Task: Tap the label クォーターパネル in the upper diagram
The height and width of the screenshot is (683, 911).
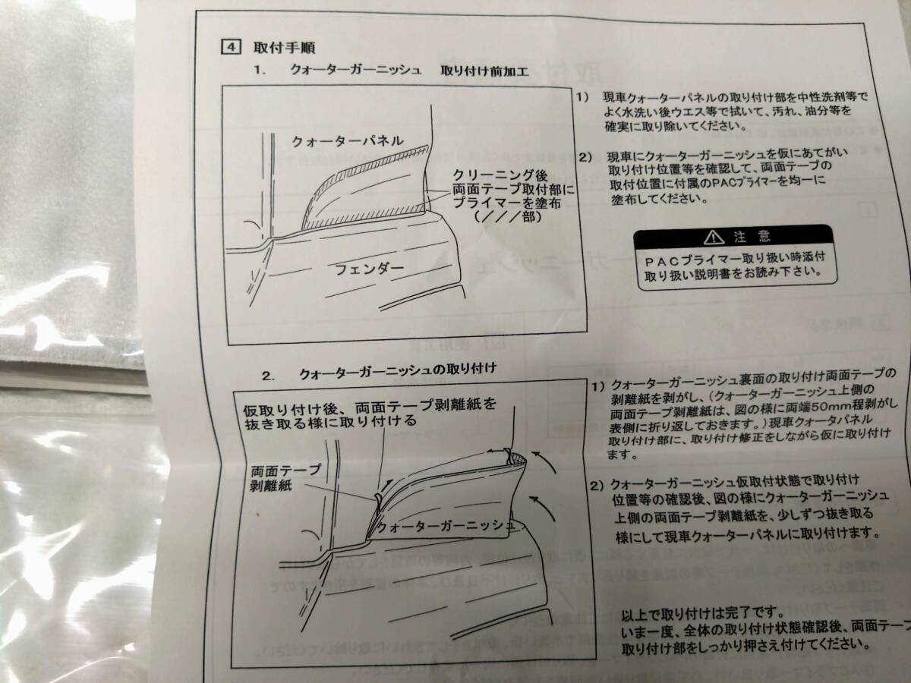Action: click(348, 141)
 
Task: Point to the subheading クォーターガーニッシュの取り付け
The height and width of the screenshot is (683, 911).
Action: click(398, 373)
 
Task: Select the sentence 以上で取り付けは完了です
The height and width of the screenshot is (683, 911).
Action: click(698, 612)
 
